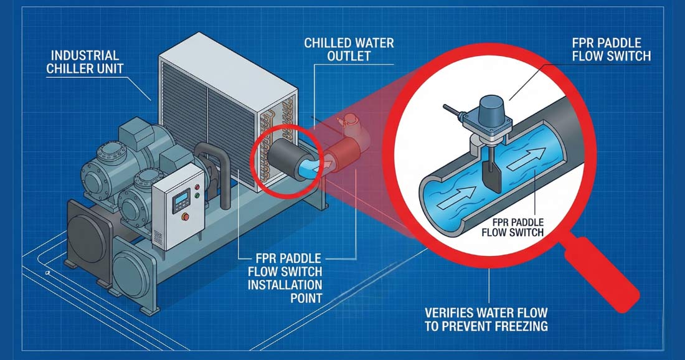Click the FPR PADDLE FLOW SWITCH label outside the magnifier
coord(610,49)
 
